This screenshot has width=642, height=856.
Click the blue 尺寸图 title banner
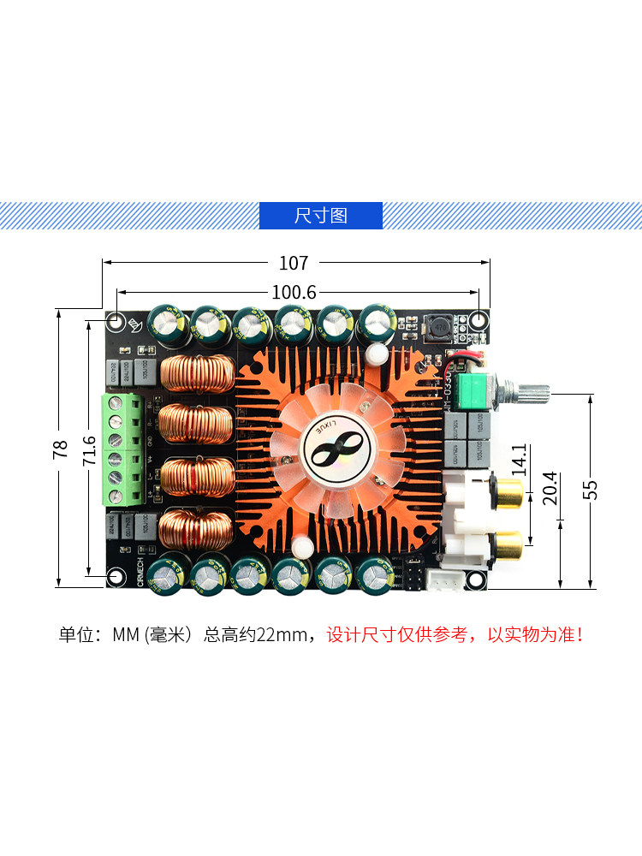[x=321, y=215]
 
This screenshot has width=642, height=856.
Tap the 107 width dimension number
[x=294, y=263]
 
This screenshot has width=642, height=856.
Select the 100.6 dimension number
[x=294, y=292]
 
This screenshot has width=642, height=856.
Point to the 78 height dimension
[x=60, y=449]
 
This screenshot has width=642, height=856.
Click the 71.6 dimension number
[x=88, y=450]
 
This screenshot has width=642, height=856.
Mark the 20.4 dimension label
[x=550, y=489]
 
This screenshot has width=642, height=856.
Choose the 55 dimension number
[x=591, y=489]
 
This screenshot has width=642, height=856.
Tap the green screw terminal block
[x=122, y=450]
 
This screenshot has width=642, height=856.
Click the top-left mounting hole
[x=116, y=323]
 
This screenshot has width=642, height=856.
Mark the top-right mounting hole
[x=478, y=323]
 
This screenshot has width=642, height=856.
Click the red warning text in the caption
[x=455, y=635]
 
